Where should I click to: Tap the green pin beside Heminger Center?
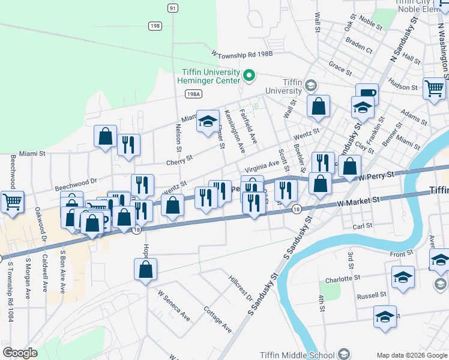[250, 76]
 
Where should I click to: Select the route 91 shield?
[173, 7]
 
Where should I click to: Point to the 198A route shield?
[193, 94]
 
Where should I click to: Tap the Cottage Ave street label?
[217, 320]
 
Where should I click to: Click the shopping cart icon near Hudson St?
[434, 88]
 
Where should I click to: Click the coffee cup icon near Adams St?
[367, 94]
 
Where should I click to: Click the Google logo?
[20, 353]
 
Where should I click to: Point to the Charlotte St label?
[342, 279]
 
